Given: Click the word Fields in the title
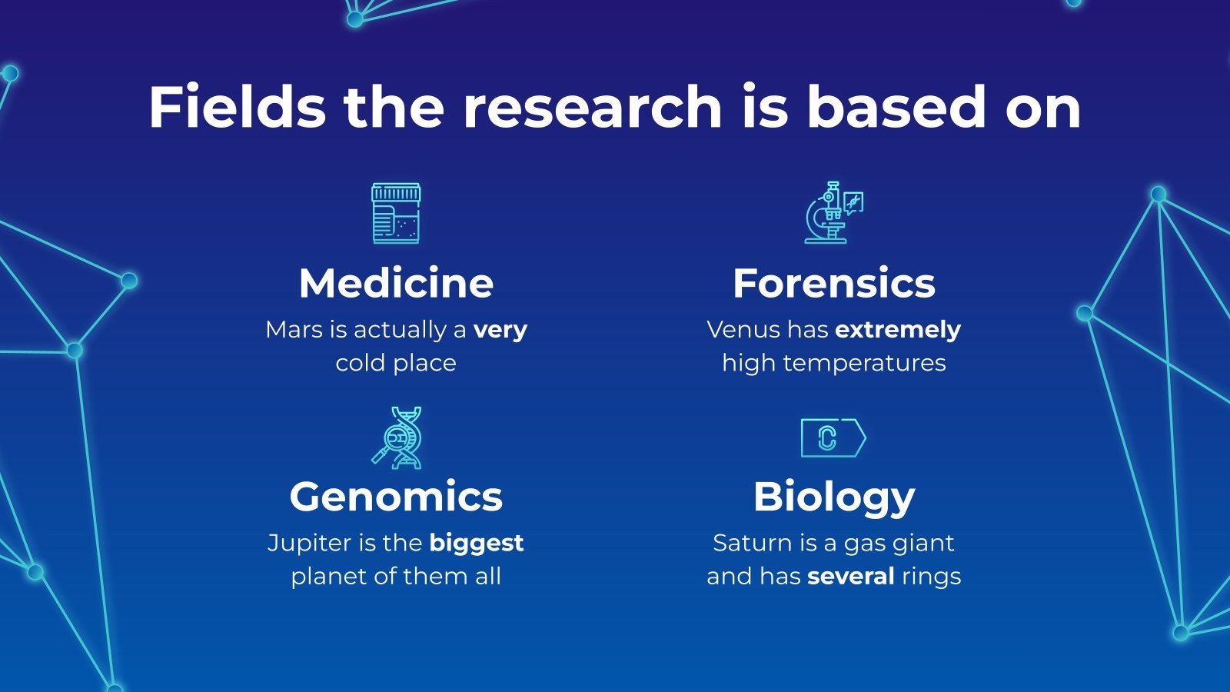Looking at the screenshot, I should (237, 107).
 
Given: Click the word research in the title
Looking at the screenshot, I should (592, 107).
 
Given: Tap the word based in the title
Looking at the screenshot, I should (895, 107).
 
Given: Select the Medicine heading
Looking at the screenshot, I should (396, 283).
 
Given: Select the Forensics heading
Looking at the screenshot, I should (834, 283).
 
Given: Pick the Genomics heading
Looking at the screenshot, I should (396, 497).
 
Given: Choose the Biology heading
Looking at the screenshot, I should (834, 497).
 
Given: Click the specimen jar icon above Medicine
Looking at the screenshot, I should (396, 213).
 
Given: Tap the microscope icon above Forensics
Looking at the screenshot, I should (833, 213).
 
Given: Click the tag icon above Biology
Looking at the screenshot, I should (833, 438).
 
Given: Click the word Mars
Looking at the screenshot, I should (294, 330).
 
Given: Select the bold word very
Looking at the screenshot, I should (500, 331).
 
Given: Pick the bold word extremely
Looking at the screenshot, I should (898, 331).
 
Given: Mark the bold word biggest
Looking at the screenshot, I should (477, 544).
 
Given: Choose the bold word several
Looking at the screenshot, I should (851, 577).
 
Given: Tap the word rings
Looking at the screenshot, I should (932, 577).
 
